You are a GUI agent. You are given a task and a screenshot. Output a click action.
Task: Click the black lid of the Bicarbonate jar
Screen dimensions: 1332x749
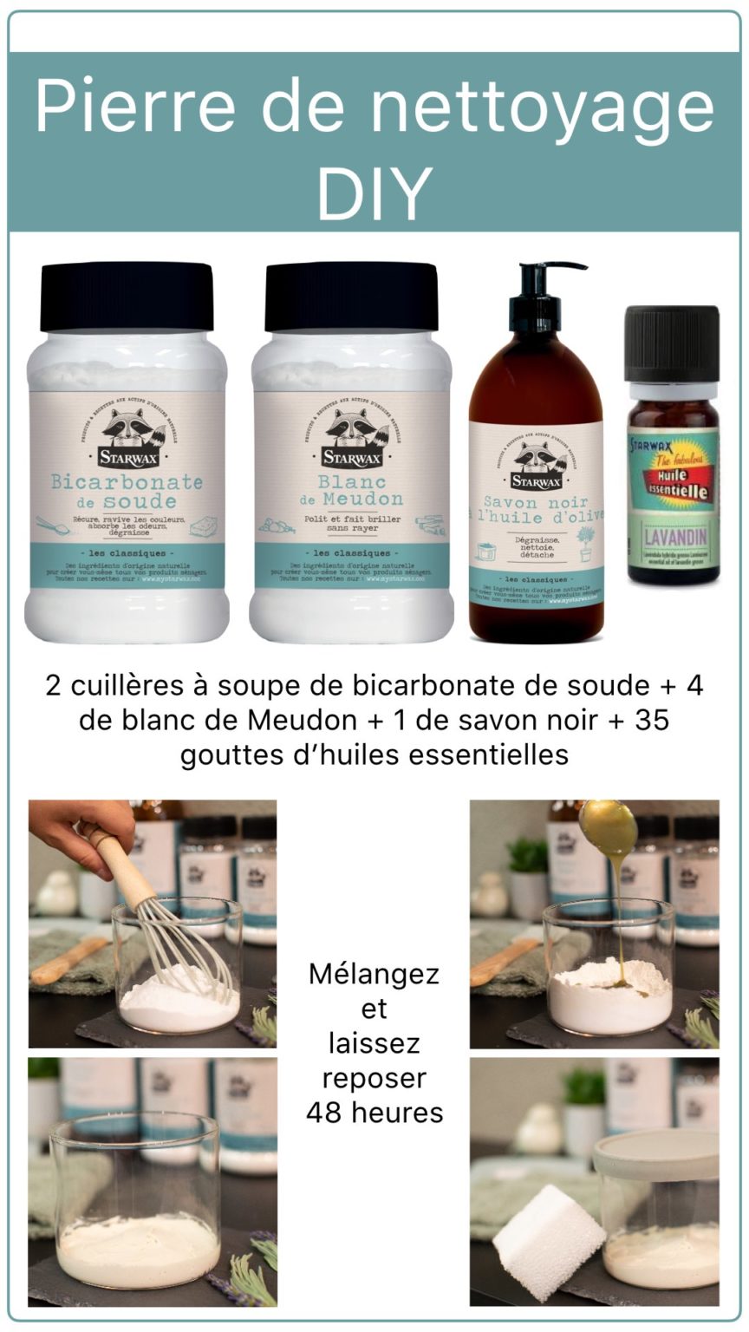point(127,297)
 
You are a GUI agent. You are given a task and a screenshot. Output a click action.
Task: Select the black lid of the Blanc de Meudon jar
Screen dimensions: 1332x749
point(351,297)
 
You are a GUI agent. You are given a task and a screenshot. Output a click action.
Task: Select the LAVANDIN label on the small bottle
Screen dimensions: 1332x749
point(673,531)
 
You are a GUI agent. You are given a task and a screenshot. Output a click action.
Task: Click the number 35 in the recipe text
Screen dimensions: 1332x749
point(652,721)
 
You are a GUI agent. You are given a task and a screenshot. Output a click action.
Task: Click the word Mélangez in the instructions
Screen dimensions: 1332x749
point(374,974)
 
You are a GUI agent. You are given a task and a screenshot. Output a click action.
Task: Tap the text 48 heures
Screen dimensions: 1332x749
point(374,1113)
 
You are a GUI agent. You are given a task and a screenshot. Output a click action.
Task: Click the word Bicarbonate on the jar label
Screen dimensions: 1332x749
point(127,481)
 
